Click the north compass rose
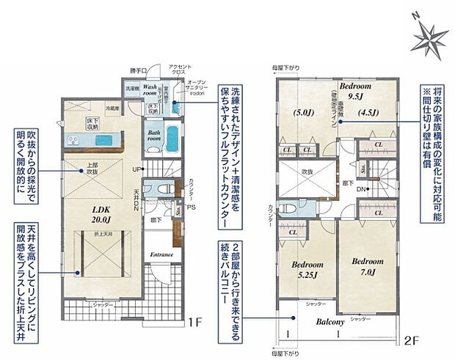(426, 34)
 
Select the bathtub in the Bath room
(172, 137)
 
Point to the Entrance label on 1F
(162, 254)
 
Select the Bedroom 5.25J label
(307, 268)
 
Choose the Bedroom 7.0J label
(367, 264)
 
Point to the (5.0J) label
(304, 113)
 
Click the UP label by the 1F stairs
(136, 169)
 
